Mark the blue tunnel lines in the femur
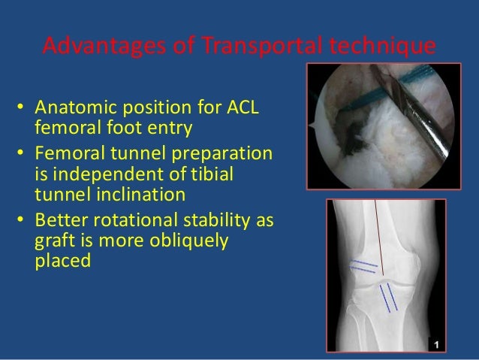(362, 266)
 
